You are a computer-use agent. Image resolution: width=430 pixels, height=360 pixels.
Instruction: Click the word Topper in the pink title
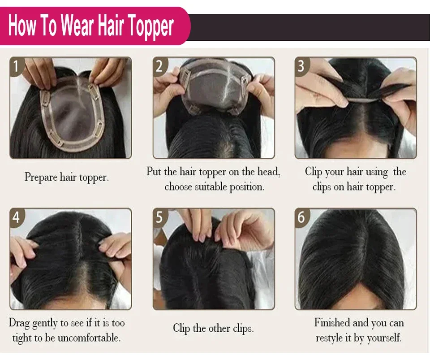pyautogui.click(x=150, y=26)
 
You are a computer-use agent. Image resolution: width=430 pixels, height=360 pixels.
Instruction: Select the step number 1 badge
pyautogui.click(x=16, y=66)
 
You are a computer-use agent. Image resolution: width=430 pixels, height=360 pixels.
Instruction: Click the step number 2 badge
pyautogui.click(x=159, y=66)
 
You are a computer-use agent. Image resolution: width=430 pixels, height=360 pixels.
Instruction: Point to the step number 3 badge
pyautogui.click(x=301, y=66)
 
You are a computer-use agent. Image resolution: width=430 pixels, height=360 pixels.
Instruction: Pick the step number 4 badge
pyautogui.click(x=16, y=217)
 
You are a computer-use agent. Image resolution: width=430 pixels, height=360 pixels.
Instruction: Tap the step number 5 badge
pyautogui.click(x=159, y=217)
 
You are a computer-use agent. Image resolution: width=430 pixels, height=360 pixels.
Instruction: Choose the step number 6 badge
pyautogui.click(x=301, y=217)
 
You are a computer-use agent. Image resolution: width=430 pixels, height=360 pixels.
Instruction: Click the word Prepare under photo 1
pyautogui.click(x=41, y=178)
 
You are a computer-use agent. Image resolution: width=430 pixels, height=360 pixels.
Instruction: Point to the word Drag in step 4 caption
pyautogui.click(x=19, y=323)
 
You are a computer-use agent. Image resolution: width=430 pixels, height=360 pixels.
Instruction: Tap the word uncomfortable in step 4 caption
pyautogui.click(x=89, y=338)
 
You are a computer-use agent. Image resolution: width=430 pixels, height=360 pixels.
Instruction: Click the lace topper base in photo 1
pyautogui.click(x=73, y=115)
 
